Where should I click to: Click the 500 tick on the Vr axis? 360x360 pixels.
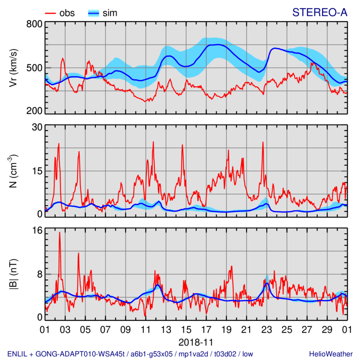coord(34,68)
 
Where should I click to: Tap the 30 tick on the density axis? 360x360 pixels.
coord(36,127)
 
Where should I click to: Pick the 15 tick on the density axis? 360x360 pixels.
coord(36,171)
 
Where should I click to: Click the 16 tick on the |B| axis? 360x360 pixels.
coord(36,230)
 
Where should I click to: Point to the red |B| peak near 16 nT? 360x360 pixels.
coord(59,233)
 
